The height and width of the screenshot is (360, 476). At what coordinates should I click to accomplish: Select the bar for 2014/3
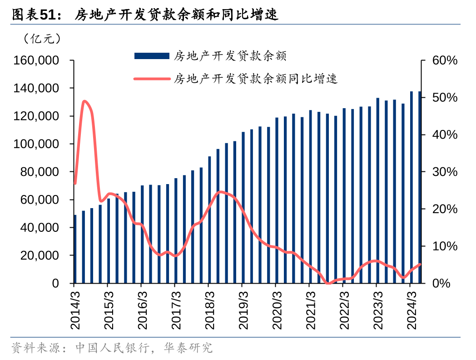[x=75, y=249]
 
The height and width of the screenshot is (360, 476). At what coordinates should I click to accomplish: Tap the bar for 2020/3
[x=277, y=200]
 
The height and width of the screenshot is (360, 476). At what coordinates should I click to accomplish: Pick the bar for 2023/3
[x=377, y=190]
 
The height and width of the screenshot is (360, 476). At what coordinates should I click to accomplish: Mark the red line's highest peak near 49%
[x=84, y=101]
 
